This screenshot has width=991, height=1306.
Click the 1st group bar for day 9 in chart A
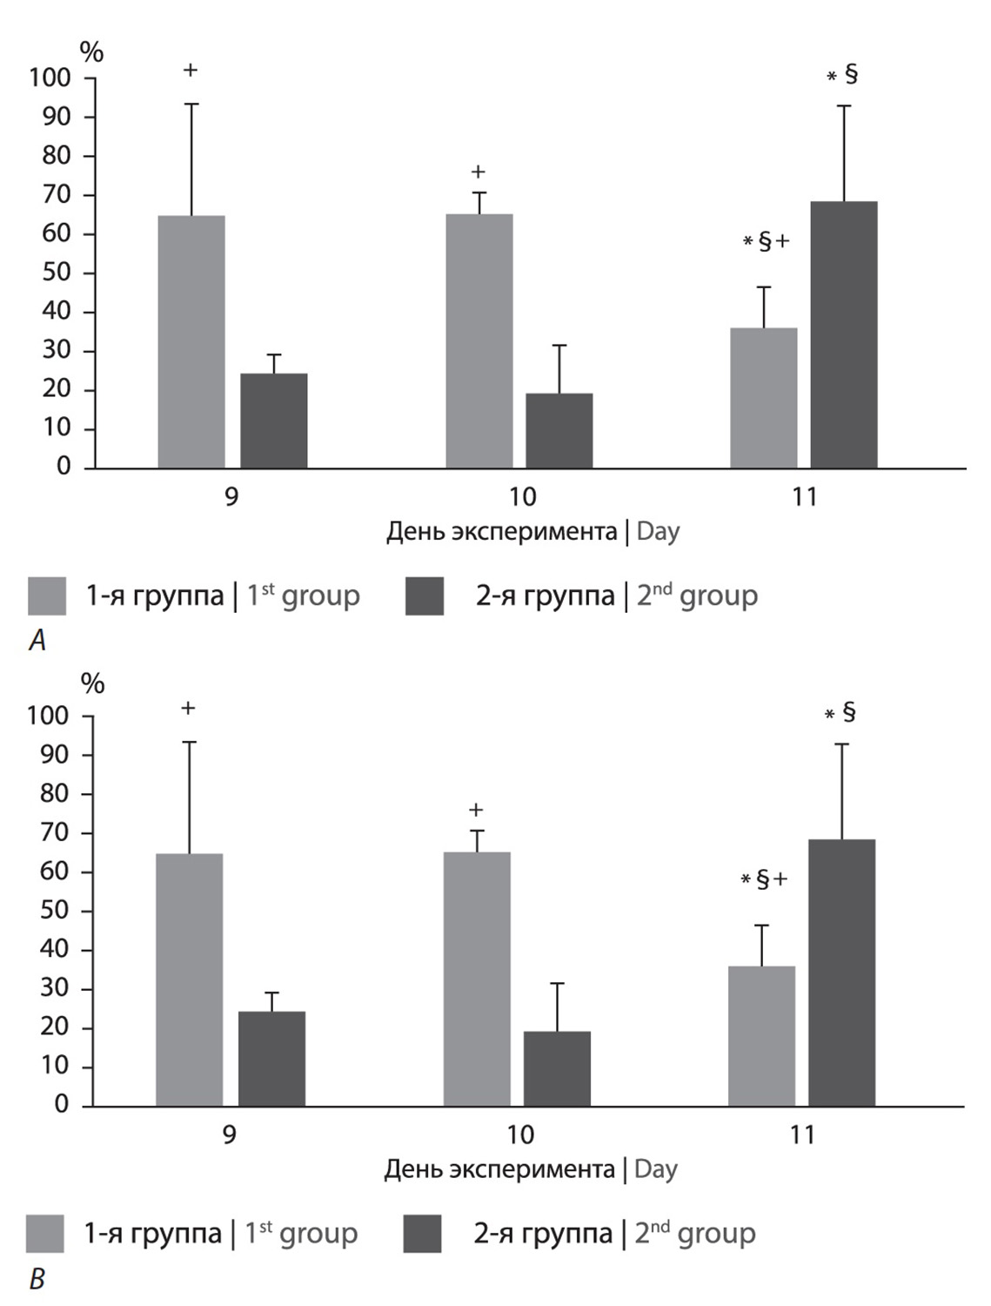click(x=191, y=342)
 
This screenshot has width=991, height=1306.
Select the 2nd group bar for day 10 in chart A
click(x=559, y=431)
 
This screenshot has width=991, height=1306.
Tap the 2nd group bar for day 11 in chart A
click(x=844, y=335)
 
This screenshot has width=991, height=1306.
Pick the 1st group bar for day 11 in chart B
click(x=761, y=1036)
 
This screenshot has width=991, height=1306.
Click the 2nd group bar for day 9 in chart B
click(x=271, y=1059)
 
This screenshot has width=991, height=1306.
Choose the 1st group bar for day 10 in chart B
click(x=477, y=979)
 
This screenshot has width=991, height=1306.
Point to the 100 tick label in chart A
click(x=50, y=77)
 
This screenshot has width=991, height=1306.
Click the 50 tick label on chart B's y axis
click(x=55, y=911)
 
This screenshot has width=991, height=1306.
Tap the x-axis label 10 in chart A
click(x=522, y=496)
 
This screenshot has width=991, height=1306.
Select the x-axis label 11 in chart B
click(x=802, y=1134)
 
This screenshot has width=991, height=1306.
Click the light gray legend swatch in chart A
click(x=47, y=596)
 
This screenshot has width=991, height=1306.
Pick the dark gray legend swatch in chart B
click(x=423, y=1234)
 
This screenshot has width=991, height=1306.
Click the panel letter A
click(x=37, y=642)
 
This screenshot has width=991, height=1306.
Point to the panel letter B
click(x=37, y=1280)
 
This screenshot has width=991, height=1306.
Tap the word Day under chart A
click(x=658, y=531)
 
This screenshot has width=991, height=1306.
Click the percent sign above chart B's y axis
click(x=92, y=684)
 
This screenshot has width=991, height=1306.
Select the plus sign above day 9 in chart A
click(x=191, y=71)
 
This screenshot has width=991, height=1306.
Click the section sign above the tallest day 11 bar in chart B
click(x=849, y=712)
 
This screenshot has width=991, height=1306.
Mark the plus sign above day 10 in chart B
click(x=476, y=811)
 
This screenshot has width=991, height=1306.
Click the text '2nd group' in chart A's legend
click(x=697, y=596)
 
